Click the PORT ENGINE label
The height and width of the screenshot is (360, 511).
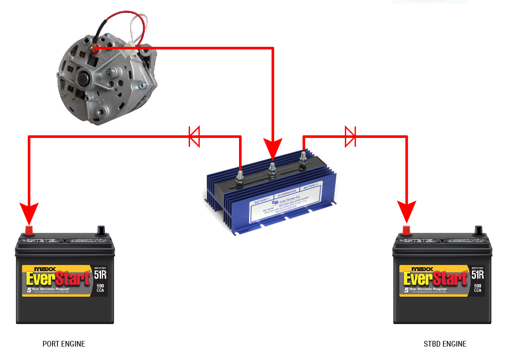64,344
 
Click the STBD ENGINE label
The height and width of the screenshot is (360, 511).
445,344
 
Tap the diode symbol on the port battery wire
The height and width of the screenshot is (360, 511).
194,137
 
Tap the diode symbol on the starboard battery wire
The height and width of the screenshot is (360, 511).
350,137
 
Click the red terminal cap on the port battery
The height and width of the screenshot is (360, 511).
29,229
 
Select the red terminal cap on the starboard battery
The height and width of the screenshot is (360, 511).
406,229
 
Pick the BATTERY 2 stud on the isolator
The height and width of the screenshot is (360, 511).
303,159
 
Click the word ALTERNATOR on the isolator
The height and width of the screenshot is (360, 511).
286,191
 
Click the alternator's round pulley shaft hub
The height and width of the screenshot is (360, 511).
82,79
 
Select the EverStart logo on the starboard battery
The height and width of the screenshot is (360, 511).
435,278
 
